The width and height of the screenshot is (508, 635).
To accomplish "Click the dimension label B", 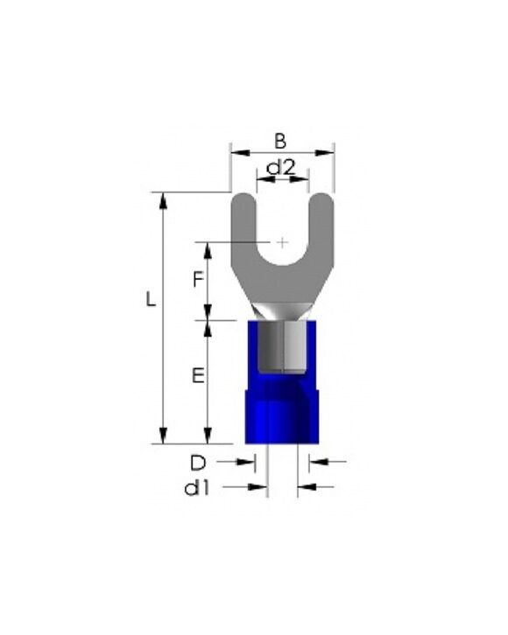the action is click(280, 142).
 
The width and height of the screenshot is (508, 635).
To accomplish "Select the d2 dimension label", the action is click(281, 167).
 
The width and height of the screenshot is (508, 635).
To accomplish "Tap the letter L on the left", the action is click(151, 299).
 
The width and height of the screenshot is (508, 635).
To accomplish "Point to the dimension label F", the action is click(198, 279).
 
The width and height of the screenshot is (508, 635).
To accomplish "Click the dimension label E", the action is click(198, 376).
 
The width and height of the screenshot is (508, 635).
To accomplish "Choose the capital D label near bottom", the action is click(198, 463).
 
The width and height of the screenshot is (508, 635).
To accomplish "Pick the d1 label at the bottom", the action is click(197, 489).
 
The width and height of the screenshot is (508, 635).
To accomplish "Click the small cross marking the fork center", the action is click(282, 242).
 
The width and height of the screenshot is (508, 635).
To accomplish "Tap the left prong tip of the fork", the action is click(243, 194).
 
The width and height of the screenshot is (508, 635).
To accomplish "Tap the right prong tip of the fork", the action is click(321, 194).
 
